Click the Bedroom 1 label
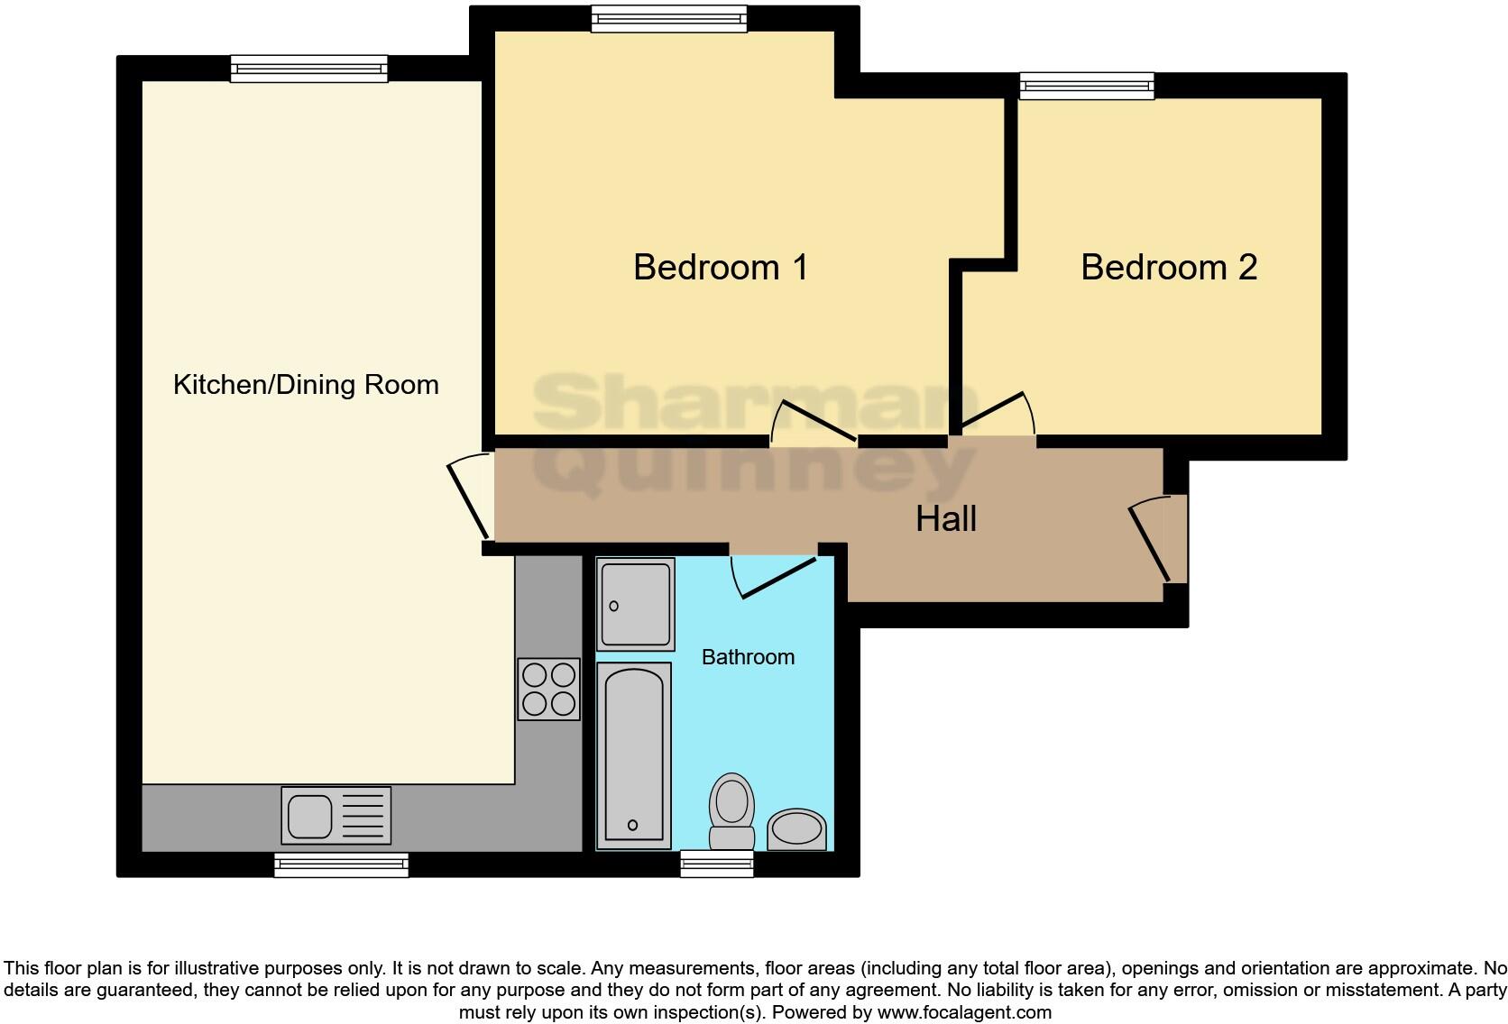720,268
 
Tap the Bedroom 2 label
1168,268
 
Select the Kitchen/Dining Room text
306,385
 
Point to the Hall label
946,519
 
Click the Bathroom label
748,657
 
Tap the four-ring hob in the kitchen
549,690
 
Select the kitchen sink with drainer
336,815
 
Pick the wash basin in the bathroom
796,829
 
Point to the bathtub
634,755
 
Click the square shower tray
636,603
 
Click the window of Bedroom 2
1087,87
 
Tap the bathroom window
716,864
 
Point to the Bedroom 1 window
669,18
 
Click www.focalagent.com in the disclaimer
963,1012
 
